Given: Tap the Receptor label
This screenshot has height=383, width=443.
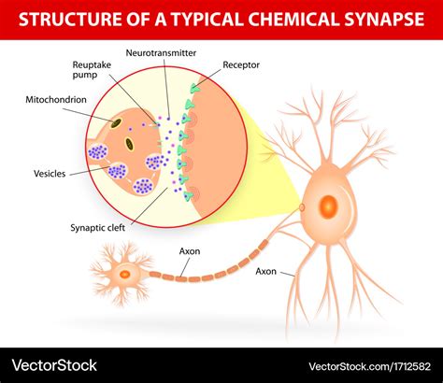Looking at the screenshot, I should tap(241, 66).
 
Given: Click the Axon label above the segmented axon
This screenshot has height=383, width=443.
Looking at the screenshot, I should tap(190, 250).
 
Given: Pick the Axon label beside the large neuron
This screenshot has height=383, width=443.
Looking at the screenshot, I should tap(266, 271).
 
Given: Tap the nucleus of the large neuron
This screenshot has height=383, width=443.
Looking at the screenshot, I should tap(329, 206).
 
